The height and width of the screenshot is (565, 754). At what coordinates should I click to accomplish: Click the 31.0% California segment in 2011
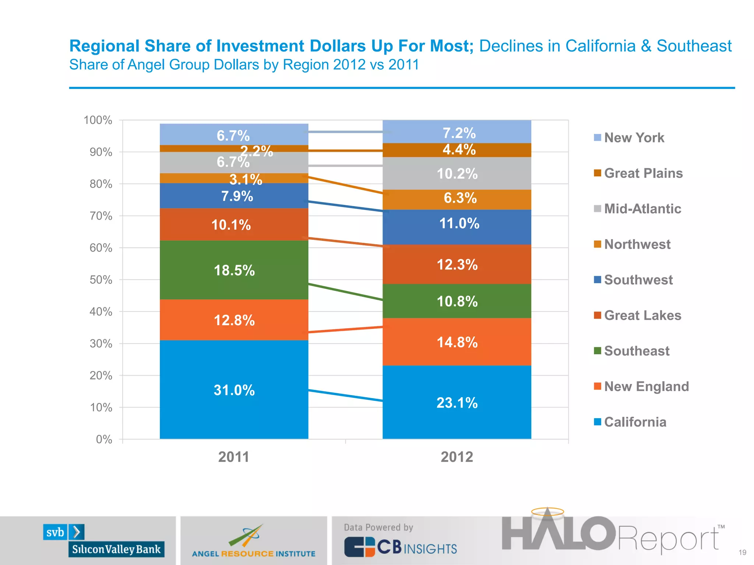click(x=234, y=390)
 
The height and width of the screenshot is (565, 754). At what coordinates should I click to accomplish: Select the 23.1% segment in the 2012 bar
click(x=457, y=402)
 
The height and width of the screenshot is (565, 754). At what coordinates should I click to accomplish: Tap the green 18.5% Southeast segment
click(x=234, y=270)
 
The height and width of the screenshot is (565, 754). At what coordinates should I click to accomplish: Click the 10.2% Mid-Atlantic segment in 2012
click(x=457, y=174)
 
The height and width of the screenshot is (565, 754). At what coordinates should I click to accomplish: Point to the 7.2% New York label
click(x=459, y=133)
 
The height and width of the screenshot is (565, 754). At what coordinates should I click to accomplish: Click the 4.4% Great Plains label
click(x=459, y=150)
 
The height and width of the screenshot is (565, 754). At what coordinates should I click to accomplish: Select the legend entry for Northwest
click(x=637, y=244)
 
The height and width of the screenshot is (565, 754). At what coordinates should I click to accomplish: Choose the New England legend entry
click(x=646, y=386)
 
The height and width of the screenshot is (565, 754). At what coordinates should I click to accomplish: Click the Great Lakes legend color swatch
click(x=597, y=315)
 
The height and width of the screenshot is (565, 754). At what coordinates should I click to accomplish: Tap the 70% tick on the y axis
click(x=101, y=216)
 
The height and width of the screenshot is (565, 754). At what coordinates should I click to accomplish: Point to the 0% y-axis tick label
click(x=104, y=439)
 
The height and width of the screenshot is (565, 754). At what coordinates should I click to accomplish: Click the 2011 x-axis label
click(x=234, y=457)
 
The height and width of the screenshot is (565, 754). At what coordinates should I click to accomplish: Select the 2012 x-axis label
click(x=457, y=457)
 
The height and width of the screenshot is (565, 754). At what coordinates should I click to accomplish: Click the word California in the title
click(x=600, y=46)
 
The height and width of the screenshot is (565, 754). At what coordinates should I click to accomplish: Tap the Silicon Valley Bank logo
click(x=104, y=541)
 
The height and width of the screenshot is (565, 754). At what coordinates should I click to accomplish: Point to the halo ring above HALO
click(x=547, y=512)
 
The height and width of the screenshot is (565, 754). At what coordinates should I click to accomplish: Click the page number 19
click(x=742, y=552)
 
